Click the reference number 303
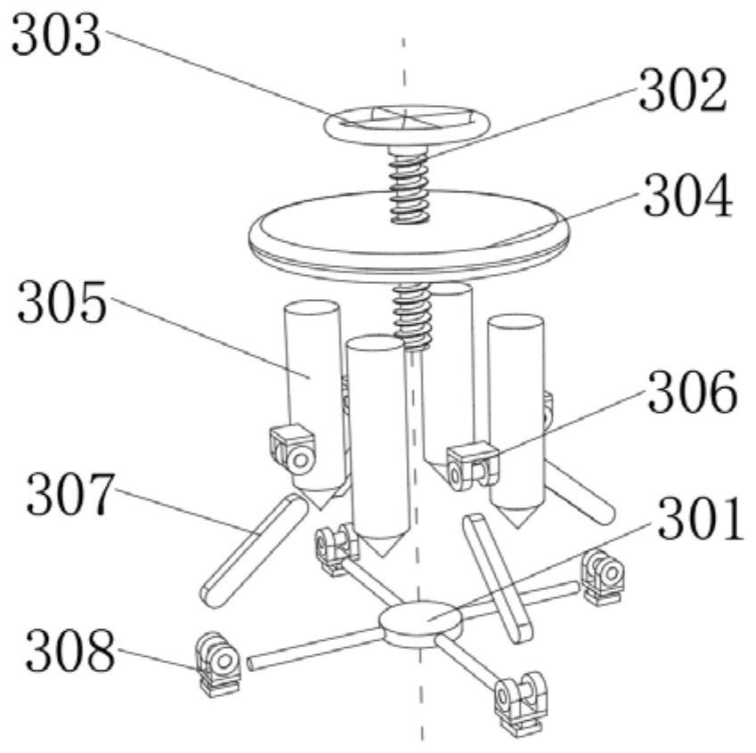click(56, 36)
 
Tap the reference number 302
click(683, 90)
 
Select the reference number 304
click(688, 196)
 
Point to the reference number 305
click(61, 303)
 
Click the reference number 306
click(693, 392)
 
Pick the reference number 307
click(71, 494)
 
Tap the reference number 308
click(70, 651)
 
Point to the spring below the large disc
click(411, 316)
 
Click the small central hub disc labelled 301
click(420, 623)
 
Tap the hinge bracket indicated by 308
click(218, 664)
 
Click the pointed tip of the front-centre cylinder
click(382, 555)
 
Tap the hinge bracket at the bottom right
click(520, 703)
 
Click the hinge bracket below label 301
click(603, 577)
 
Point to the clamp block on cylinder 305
click(292, 449)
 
